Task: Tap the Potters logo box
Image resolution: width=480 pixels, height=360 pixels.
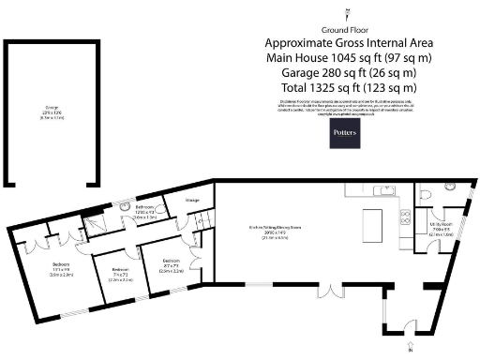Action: pyautogui.click(x=344, y=135)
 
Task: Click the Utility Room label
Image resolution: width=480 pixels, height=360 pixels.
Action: pyautogui.click(x=441, y=228)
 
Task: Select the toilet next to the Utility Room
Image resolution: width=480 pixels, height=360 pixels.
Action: pyautogui.click(x=427, y=192)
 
